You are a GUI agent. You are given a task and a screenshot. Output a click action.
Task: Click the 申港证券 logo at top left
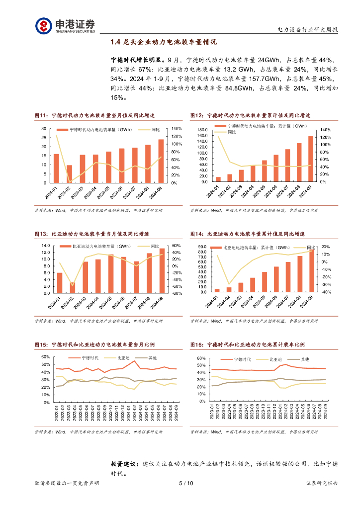tap(65, 25)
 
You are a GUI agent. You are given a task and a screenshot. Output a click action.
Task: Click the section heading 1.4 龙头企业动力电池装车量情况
tap(164, 43)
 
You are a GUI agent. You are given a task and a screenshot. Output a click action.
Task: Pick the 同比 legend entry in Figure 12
tap(232, 132)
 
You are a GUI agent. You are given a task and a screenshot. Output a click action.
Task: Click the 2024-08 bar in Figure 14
tap(300, 274)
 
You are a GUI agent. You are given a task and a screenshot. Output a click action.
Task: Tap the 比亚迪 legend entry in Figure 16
tap(275, 358)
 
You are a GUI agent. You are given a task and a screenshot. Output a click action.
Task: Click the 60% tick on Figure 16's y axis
tap(201, 358)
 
